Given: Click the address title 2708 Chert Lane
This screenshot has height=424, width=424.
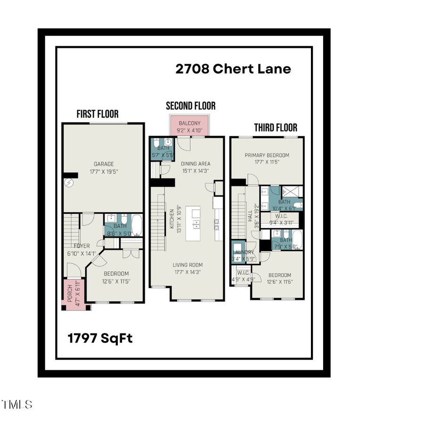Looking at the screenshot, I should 233,69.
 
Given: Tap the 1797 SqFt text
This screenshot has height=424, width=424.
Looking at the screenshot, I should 100,338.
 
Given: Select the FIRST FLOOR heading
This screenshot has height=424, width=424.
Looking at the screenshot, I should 98,114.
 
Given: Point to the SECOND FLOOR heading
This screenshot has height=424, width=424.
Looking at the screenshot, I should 190,106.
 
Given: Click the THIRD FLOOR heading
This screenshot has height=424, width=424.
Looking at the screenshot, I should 276,128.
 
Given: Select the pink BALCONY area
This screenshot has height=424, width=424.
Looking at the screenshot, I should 189,126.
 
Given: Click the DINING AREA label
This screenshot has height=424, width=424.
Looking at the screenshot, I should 196,164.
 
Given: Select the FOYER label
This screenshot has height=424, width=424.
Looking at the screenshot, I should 82,245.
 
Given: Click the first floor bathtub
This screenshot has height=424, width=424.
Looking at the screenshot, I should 136,225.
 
